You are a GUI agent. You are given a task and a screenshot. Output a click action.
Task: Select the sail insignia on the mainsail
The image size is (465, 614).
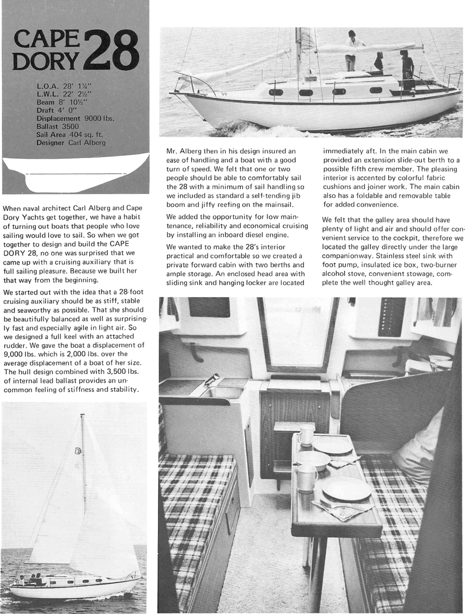(78, 450)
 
